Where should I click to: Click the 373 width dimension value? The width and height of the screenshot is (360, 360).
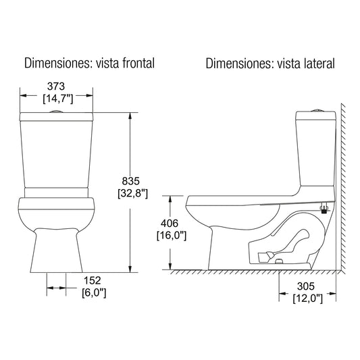pyautogui.click(x=57, y=86)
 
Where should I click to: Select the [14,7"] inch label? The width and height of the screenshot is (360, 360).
pyautogui.click(x=57, y=99)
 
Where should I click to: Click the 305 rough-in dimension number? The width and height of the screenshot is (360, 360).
pyautogui.click(x=309, y=286)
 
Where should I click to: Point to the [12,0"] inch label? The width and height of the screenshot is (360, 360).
pyautogui.click(x=309, y=298)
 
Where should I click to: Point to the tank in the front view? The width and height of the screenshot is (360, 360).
pyautogui.click(x=57, y=152)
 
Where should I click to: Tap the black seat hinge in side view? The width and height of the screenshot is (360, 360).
pyautogui.click(x=324, y=209)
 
